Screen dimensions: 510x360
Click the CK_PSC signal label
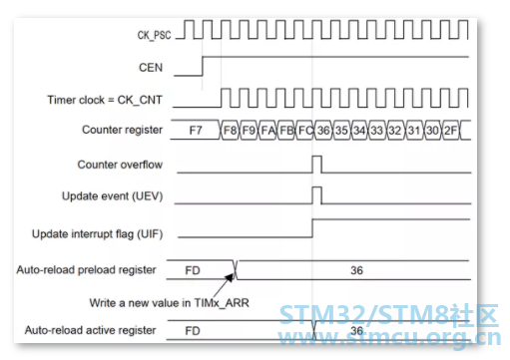154,35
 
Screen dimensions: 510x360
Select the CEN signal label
151,68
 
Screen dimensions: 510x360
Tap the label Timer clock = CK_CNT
105,100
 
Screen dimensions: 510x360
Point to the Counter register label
122,130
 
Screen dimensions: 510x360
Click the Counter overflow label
120,165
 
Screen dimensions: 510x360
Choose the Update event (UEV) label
113,196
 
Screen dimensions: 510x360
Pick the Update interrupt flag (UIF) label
98,234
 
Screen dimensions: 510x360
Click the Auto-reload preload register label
86,270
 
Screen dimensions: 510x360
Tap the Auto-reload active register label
90,330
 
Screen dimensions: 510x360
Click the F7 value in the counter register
196,130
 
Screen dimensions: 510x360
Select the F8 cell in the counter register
230,130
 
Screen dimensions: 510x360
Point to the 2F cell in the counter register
451,130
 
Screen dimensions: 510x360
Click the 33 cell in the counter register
377,130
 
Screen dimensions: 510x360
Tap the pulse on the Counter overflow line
317,165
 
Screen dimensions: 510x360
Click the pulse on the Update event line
317,195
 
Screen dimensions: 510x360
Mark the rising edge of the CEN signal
203,66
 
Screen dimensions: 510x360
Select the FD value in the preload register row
193,270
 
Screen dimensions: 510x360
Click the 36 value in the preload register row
356,270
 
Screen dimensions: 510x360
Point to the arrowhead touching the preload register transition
231,277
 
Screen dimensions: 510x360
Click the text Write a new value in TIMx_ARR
169,303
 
